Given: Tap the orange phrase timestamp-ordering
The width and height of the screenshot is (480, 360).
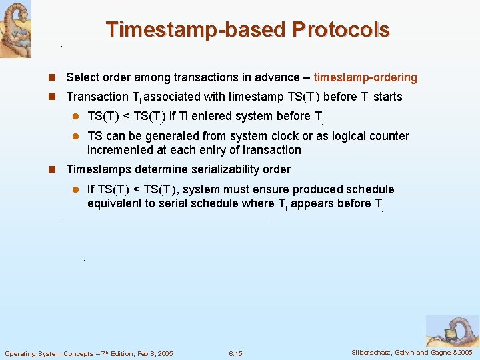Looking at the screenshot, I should tap(365, 77).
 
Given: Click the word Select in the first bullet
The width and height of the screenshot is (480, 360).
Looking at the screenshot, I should tap(83, 77).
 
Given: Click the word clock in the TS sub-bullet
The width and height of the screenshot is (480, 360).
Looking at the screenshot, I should tap(302, 136).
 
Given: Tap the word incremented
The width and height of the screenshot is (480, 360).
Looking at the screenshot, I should tap(121, 150).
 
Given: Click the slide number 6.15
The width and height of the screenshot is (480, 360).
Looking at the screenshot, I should tap(235, 353).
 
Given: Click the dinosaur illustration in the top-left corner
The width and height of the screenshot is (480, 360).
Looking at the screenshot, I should tap(15, 29).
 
